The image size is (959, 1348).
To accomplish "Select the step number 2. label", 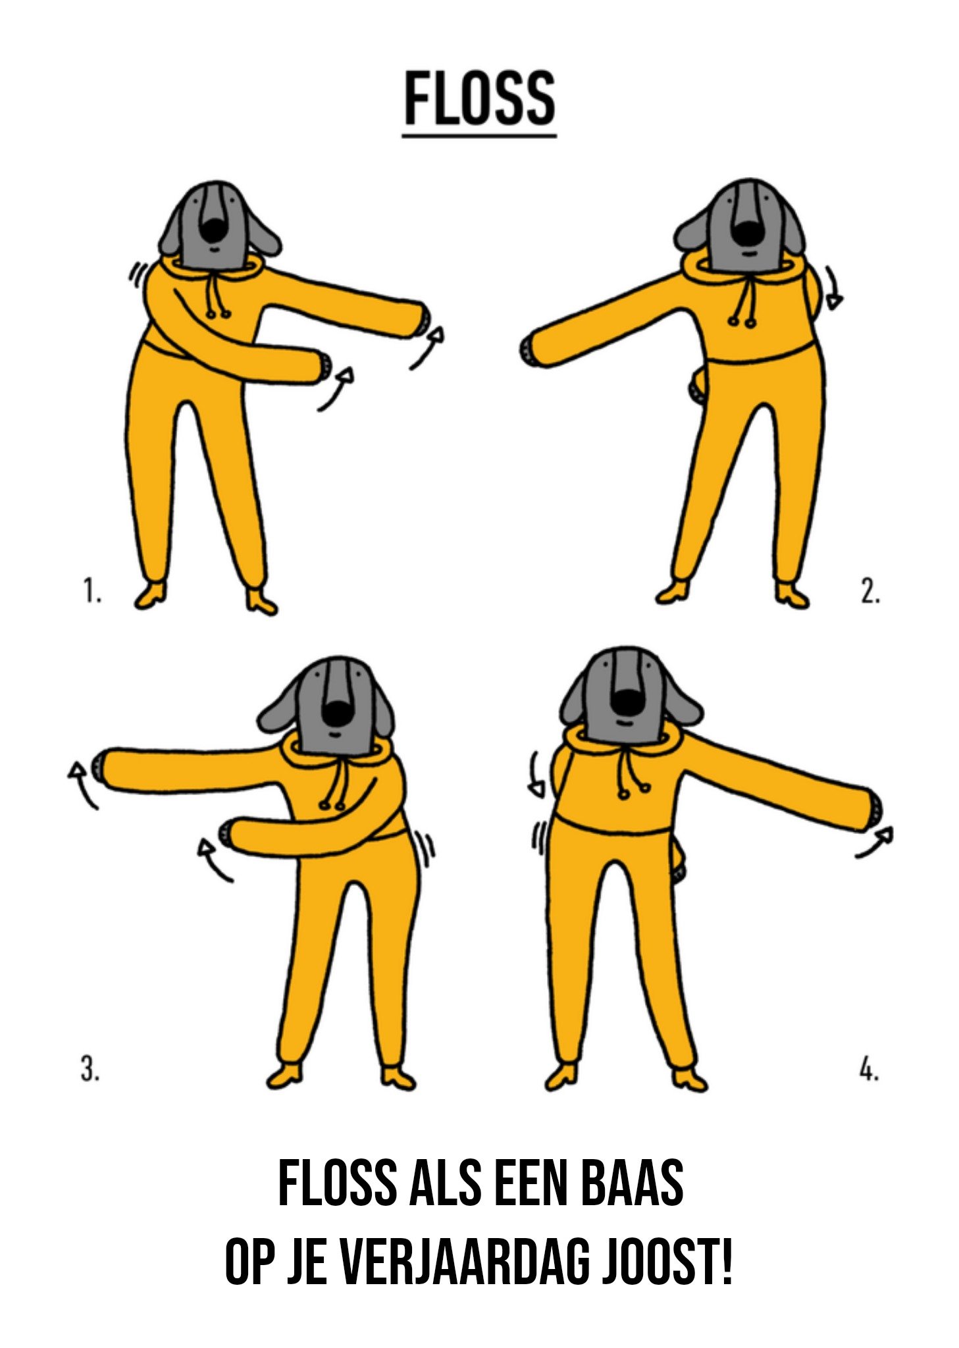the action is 869,590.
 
